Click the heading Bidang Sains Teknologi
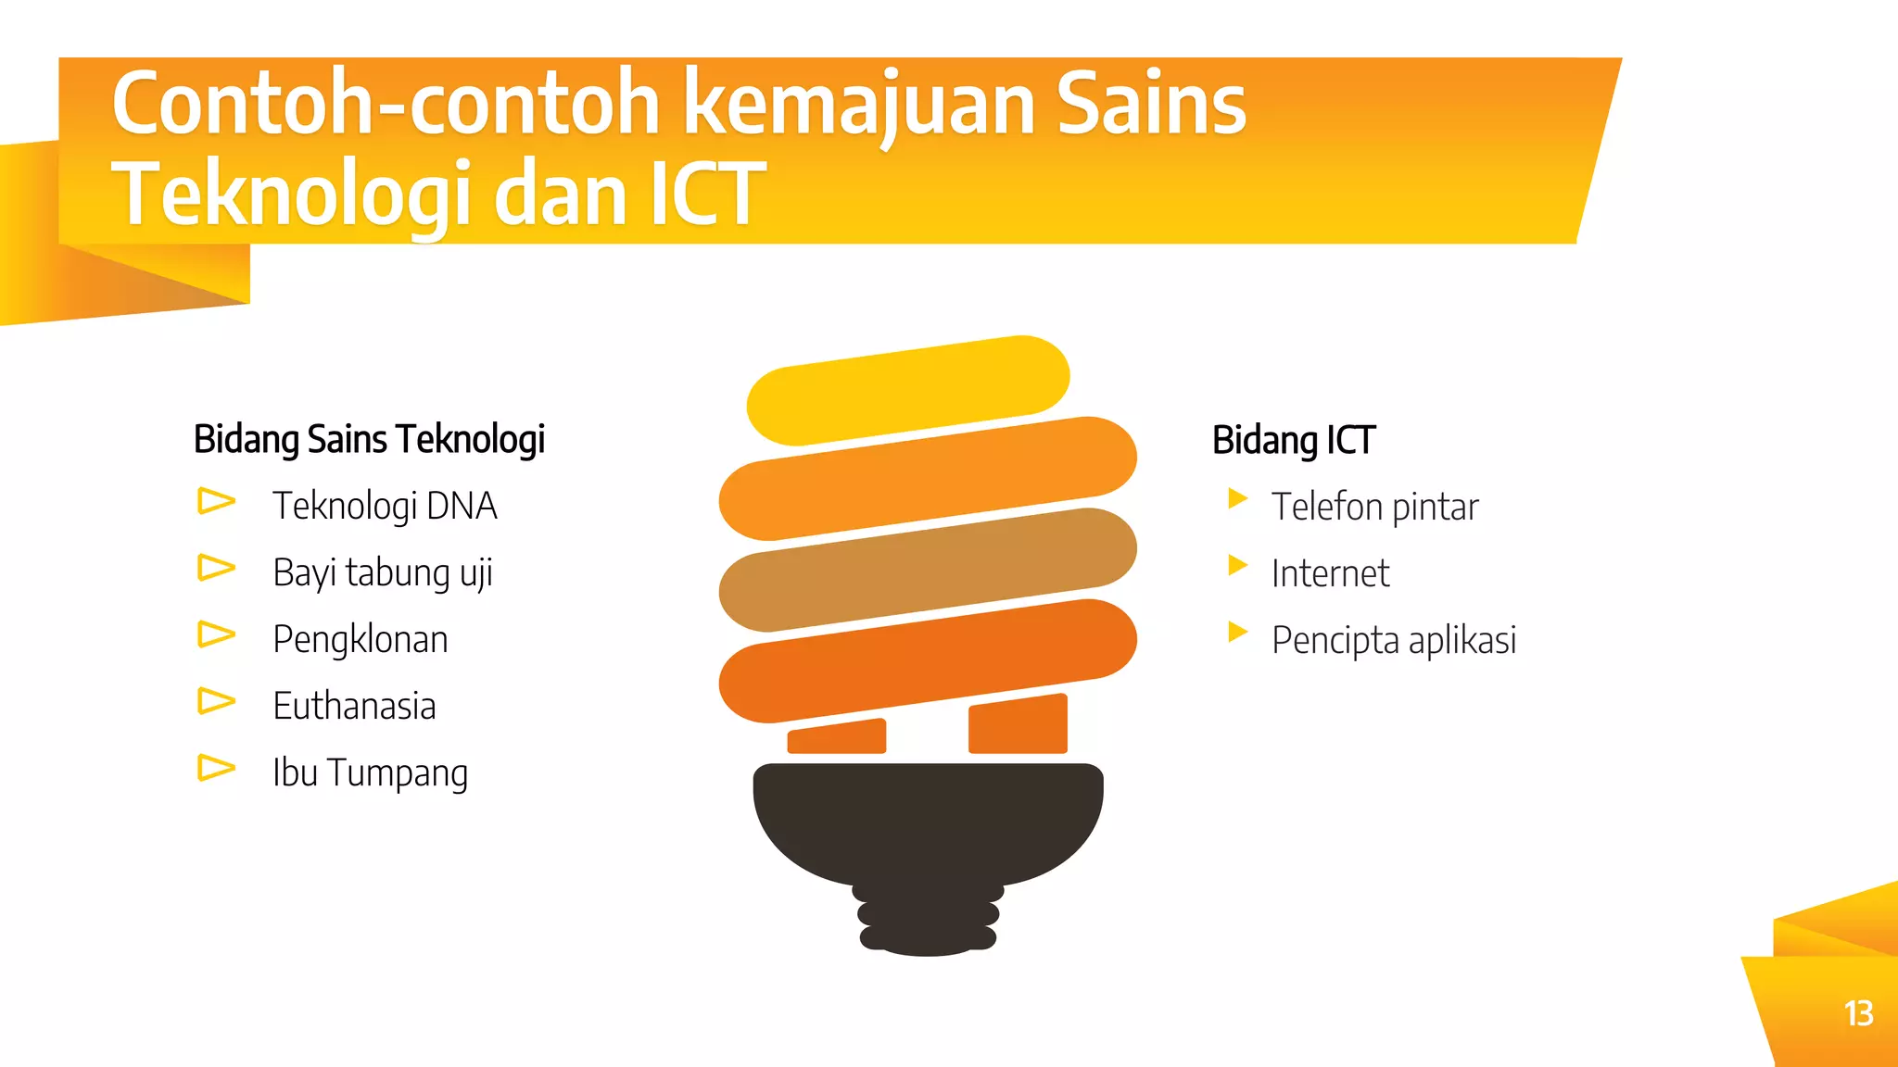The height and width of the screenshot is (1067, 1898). coord(369,439)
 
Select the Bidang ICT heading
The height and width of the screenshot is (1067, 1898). coord(1293,440)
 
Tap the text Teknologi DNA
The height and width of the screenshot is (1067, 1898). coord(385,507)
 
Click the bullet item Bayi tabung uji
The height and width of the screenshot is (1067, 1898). coord(382,573)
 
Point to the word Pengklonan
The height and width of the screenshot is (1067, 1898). coord(360,640)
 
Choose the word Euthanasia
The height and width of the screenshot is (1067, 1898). coord(354,707)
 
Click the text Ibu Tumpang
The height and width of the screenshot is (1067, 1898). coord(370,773)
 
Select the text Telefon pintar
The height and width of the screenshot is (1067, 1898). coord(1374,508)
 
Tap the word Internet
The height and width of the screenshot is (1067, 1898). coord(1330,574)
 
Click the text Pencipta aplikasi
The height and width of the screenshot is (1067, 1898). coord(1393,641)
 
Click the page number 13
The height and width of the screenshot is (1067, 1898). coord(1858,1013)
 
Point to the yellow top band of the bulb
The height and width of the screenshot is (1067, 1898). coord(908,389)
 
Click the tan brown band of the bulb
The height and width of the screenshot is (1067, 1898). coord(927,570)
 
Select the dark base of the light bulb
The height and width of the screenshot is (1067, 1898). coord(928,834)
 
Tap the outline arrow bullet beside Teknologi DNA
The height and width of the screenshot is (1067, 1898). coord(216,501)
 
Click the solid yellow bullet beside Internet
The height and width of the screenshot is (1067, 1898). coord(1236,565)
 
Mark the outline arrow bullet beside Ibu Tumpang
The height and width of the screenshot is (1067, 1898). coord(216,768)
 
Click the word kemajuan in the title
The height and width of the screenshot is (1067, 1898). coord(857,104)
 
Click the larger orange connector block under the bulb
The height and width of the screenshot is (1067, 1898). coord(1018,725)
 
